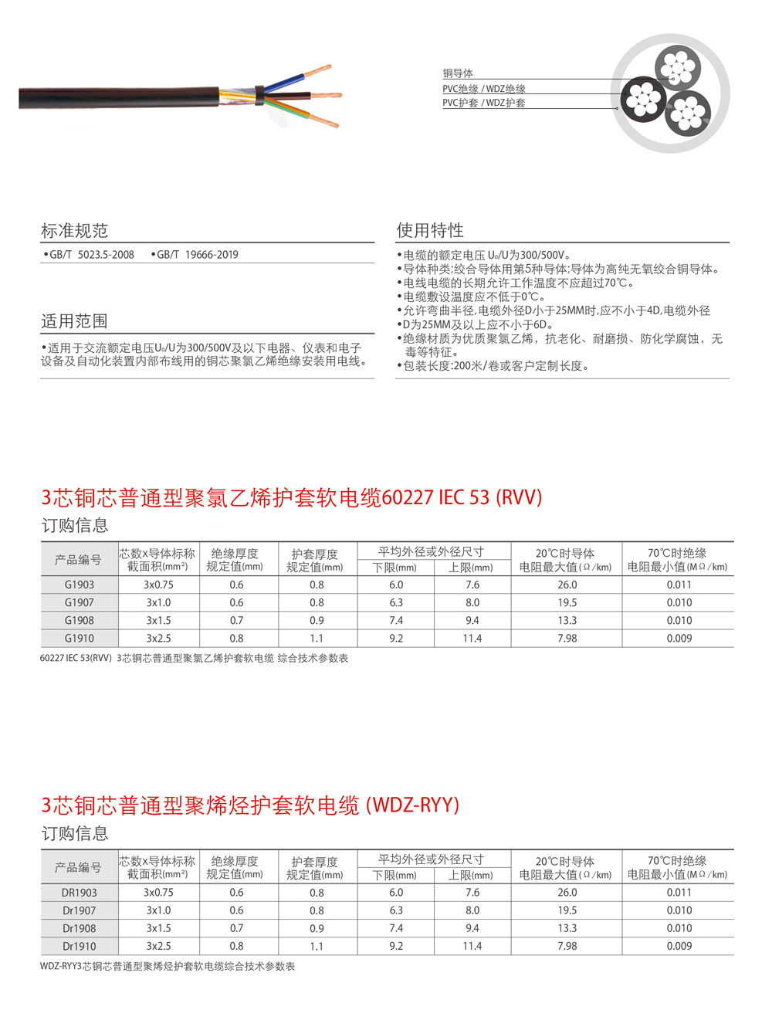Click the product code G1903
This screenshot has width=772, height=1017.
(79, 585)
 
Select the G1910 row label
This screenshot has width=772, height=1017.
(79, 639)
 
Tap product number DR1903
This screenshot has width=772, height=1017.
(79, 893)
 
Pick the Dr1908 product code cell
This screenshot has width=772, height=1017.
(79, 928)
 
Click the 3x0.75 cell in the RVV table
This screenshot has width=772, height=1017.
(158, 585)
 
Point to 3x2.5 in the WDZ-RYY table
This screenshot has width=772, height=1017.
(158, 946)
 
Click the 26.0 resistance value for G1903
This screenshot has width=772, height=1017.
(567, 585)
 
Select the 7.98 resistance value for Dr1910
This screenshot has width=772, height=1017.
(567, 946)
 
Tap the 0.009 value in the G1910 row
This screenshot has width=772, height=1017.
(679, 639)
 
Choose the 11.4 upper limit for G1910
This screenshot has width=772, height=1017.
(472, 639)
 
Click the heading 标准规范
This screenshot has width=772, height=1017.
(74, 230)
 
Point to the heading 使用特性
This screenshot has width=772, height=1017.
(430, 230)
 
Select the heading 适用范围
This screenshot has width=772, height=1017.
(74, 321)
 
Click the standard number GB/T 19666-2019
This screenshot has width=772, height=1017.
(197, 255)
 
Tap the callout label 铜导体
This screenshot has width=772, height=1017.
(457, 73)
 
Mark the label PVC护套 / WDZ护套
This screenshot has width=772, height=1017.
(483, 103)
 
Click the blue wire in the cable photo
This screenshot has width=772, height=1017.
(289, 82)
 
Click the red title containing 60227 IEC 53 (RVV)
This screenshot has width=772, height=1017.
(291, 497)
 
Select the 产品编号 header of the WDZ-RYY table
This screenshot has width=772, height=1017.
(78, 867)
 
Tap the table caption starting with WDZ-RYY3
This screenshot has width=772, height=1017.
(168, 966)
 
